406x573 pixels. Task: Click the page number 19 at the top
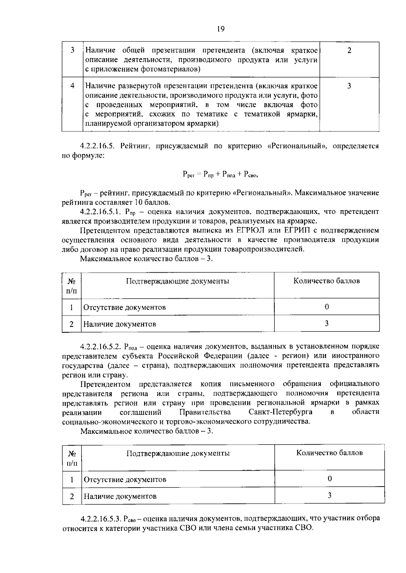221,29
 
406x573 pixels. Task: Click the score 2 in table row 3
349,51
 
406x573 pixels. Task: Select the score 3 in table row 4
349,86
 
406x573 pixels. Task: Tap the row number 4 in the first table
72,86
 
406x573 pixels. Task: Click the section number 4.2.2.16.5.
98,146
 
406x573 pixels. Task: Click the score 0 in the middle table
326,307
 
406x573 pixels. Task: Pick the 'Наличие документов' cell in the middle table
120,324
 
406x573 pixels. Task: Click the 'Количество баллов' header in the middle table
326,281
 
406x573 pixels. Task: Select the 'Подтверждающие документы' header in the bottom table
178,453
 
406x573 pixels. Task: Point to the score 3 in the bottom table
330,496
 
